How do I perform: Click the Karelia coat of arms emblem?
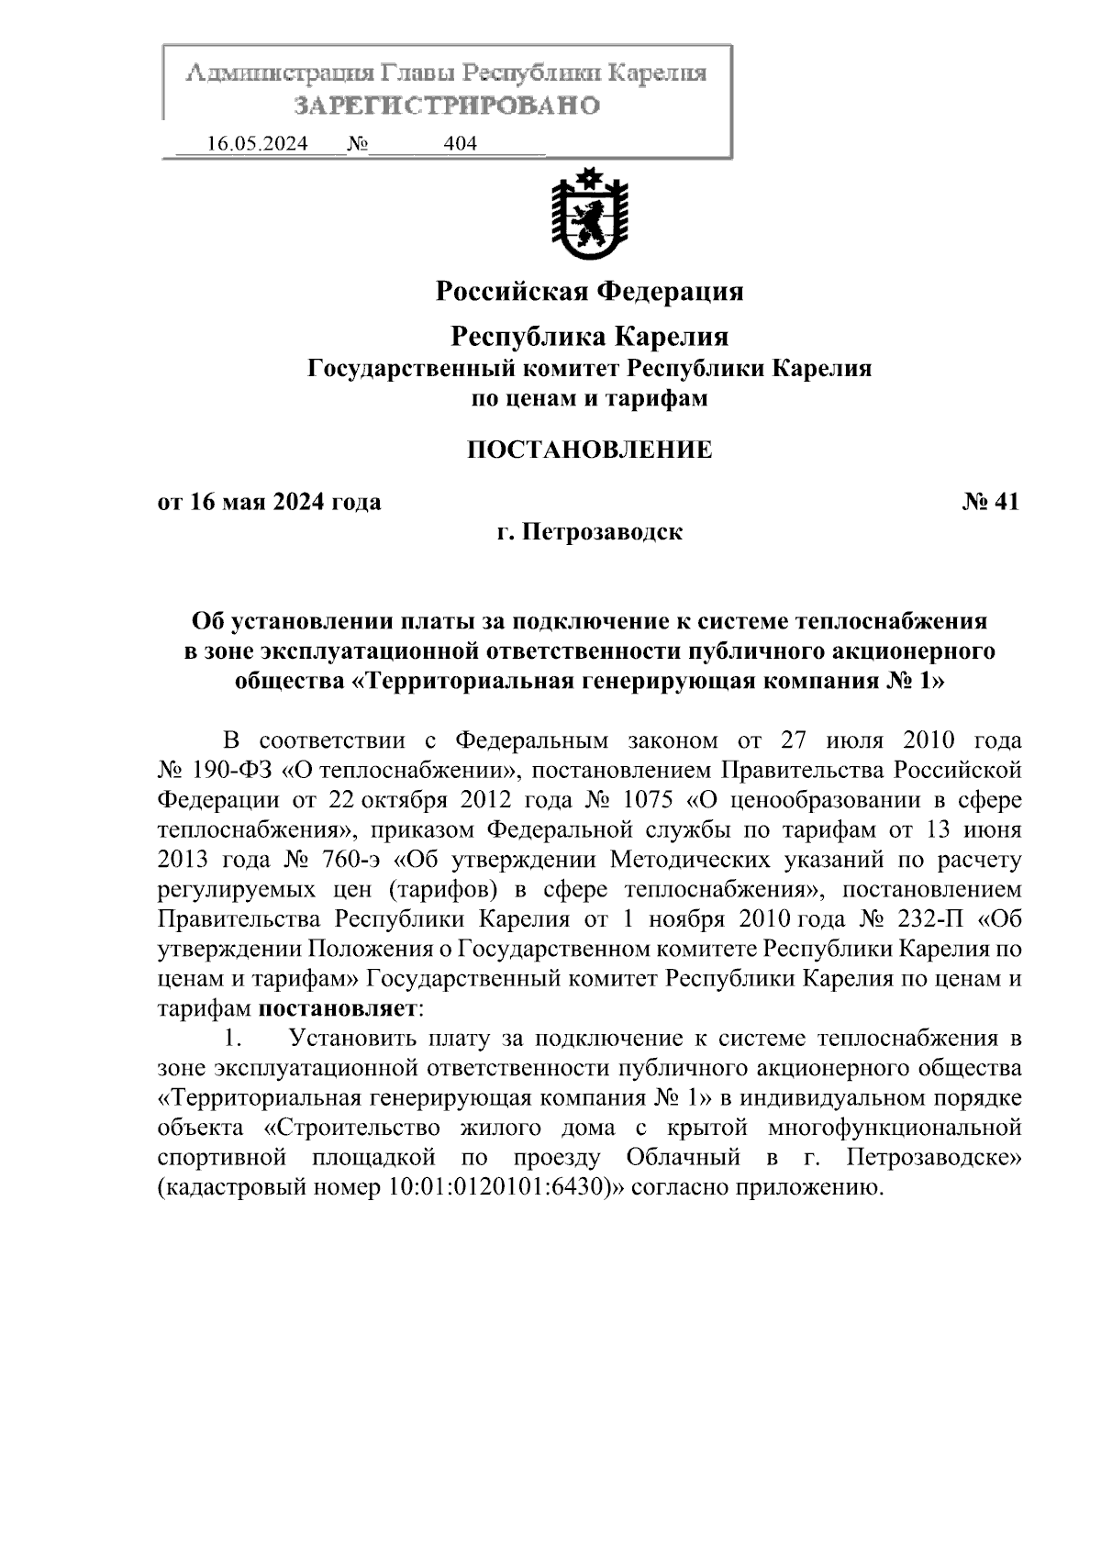point(589,214)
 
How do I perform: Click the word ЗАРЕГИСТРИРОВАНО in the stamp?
point(447,106)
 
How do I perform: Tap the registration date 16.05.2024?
point(257,144)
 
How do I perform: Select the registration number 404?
point(460,144)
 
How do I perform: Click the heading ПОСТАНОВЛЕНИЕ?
point(589,450)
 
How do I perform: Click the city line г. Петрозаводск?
point(589,532)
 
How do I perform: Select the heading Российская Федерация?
point(589,292)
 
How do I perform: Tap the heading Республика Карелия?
point(589,337)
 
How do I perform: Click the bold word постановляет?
point(337,1008)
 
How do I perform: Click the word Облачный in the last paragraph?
point(684,1157)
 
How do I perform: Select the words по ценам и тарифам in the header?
point(589,398)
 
